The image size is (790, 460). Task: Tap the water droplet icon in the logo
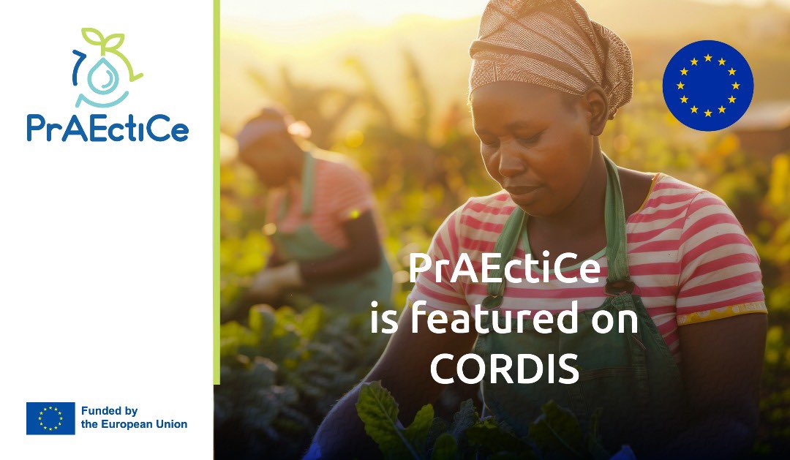pyautogui.click(x=108, y=77)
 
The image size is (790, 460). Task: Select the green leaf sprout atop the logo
pyautogui.click(x=103, y=39)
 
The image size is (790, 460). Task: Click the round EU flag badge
pyautogui.click(x=707, y=86)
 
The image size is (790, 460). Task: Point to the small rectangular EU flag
pyautogui.click(x=50, y=418)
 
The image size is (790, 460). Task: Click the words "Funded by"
pyautogui.click(x=109, y=411)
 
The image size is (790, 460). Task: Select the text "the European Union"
pyautogui.click(x=134, y=424)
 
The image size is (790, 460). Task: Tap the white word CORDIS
pyautogui.click(x=504, y=369)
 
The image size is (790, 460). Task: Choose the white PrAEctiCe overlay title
pyautogui.click(x=505, y=268)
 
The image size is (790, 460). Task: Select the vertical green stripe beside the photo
pyautogui.click(x=217, y=190)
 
